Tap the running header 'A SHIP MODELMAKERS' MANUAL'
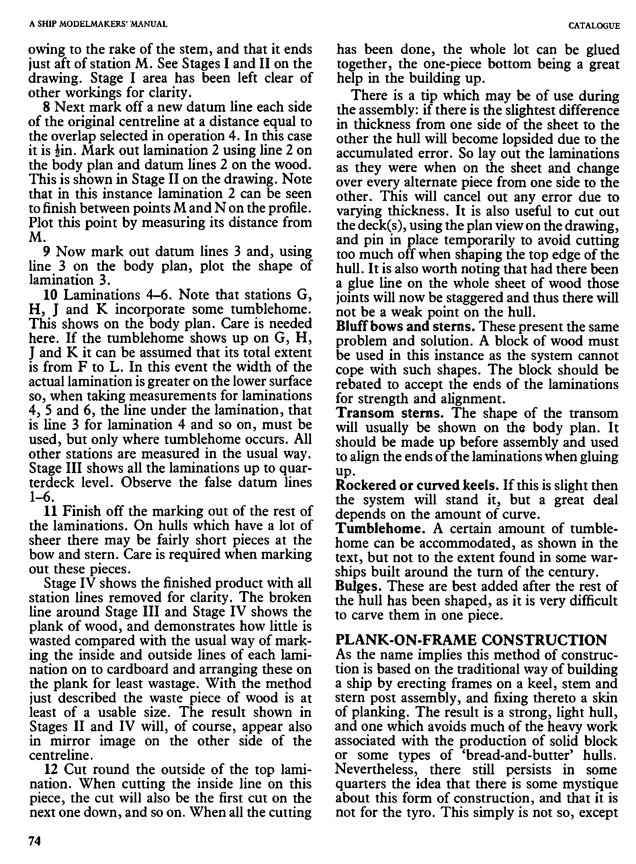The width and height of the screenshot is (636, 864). point(98,25)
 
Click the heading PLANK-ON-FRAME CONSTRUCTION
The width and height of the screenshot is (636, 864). point(471,641)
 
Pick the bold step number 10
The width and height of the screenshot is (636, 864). point(51,295)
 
